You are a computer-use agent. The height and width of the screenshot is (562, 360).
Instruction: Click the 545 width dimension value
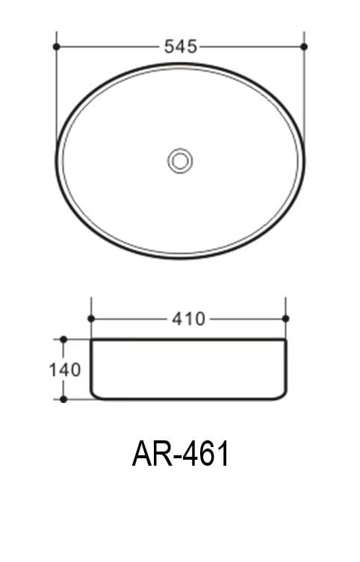pyautogui.click(x=180, y=46)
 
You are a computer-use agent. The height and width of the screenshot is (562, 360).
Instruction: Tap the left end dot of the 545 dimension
pyautogui.click(x=57, y=46)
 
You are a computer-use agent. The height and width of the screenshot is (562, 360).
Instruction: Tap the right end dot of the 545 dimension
pyautogui.click(x=304, y=46)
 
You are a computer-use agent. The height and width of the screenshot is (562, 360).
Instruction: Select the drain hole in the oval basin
pyautogui.click(x=180, y=160)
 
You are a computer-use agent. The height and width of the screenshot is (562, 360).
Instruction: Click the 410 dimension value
pyautogui.click(x=188, y=319)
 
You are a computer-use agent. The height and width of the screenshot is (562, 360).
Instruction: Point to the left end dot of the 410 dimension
pyautogui.click(x=91, y=319)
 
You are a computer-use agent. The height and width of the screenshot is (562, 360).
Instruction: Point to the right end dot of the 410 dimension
pyautogui.click(x=285, y=319)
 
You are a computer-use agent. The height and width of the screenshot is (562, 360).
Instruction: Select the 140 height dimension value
pyautogui.click(x=65, y=369)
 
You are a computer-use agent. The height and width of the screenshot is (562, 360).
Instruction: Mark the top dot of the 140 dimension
pyautogui.click(x=63, y=340)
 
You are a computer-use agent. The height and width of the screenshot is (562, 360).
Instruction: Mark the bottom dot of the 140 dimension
pyautogui.click(x=63, y=399)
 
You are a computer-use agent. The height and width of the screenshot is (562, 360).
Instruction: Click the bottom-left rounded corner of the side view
pyautogui.click(x=95, y=396)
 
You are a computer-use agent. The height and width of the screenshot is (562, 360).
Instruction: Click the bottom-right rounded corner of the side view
pyautogui.click(x=282, y=396)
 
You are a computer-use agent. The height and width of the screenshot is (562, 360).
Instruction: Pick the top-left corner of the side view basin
pyautogui.click(x=92, y=340)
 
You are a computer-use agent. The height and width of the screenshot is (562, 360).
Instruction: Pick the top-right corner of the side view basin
pyautogui.click(x=285, y=340)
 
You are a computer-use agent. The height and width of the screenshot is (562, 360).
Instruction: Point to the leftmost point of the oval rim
pyautogui.click(x=57, y=160)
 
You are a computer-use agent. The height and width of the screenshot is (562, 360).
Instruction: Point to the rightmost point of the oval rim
pyautogui.click(x=304, y=160)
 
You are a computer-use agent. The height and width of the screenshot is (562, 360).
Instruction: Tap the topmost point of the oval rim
pyautogui.click(x=180, y=64)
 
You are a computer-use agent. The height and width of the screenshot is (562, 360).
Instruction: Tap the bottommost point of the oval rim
pyautogui.click(x=180, y=258)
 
